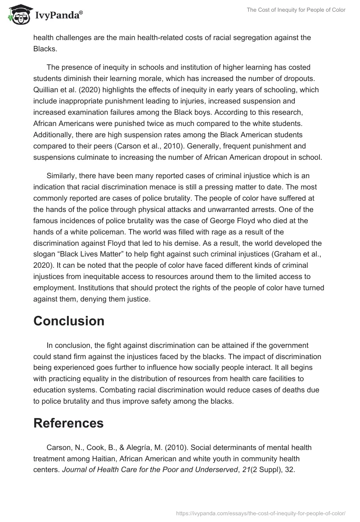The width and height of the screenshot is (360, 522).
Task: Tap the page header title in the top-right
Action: pyautogui.click(x=296, y=10)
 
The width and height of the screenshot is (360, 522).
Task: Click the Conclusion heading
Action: pyautogui.click(x=69, y=321)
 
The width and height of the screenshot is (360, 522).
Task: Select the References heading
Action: pyautogui.click(x=68, y=423)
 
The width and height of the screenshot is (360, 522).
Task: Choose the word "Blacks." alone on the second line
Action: pyautogui.click(x=44, y=49)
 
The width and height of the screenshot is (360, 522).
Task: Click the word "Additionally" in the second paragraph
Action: pyautogui.click(x=53, y=135)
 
